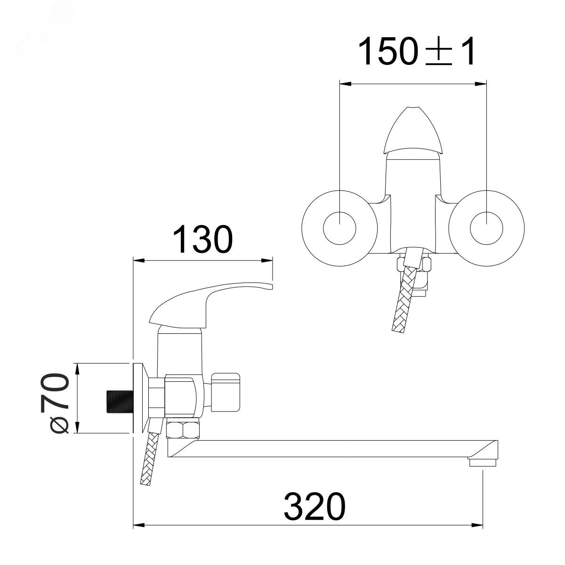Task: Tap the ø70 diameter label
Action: coord(56,404)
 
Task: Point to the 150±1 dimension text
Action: coord(417,51)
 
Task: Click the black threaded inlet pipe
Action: coord(120,402)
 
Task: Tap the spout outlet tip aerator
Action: coord(483,463)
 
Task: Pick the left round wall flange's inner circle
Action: coord(339,228)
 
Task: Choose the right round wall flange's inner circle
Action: coord(486,228)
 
